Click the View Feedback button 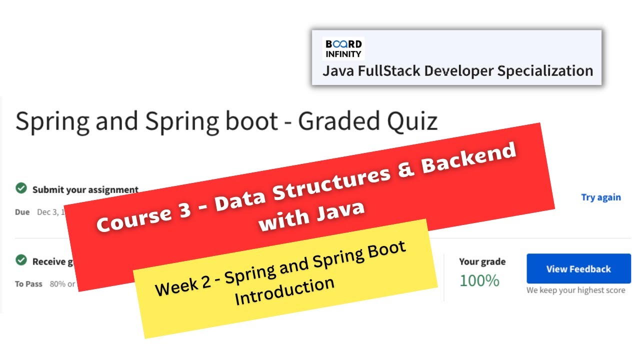click(x=578, y=269)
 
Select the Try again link click(x=600, y=197)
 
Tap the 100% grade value click(x=479, y=281)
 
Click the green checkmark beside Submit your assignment click(x=21, y=188)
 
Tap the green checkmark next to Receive click(x=21, y=260)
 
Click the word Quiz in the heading click(x=412, y=121)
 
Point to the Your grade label click(x=482, y=261)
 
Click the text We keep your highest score click(x=575, y=290)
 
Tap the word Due click(x=22, y=212)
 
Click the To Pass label click(x=28, y=284)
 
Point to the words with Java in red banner click(x=311, y=213)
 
